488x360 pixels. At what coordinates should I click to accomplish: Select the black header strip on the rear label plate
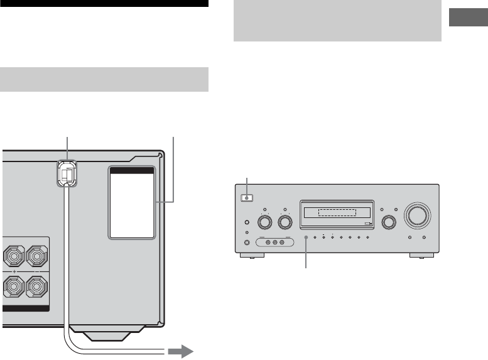[x=131, y=170]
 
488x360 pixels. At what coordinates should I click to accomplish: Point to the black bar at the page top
[x=104, y=3]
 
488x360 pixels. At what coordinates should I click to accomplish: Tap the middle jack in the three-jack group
[x=274, y=243]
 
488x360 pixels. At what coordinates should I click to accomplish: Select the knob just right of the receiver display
[x=389, y=222]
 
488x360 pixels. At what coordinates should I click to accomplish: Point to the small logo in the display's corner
[x=368, y=223]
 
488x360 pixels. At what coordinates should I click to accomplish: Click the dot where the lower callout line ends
[x=306, y=239]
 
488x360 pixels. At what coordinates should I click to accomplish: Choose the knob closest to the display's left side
[x=285, y=222]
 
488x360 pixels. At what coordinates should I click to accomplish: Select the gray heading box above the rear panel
[x=104, y=79]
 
